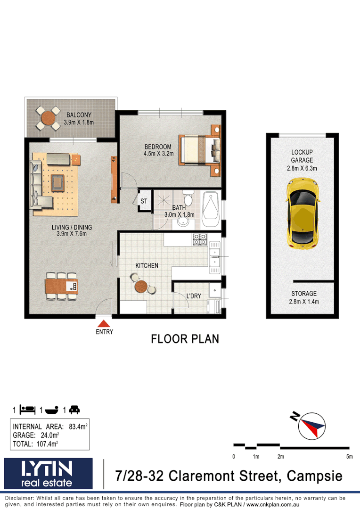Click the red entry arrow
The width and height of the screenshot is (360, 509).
click(104, 323)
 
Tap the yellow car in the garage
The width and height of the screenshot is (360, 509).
click(303, 213)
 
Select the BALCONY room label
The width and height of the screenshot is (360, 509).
click(79, 115)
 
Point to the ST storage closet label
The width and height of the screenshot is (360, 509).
click(144, 201)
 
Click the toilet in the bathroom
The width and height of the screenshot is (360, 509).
click(188, 198)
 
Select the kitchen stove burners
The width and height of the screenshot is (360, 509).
click(200, 239)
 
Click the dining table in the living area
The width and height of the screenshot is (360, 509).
click(61, 286)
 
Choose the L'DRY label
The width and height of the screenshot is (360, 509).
click(194, 296)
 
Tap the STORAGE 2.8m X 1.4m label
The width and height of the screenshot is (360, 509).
click(304, 297)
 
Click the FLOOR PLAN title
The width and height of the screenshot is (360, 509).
click(185, 339)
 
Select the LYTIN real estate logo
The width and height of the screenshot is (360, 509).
click(48, 473)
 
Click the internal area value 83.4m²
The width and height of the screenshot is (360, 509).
click(78, 427)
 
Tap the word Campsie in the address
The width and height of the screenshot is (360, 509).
click(315, 476)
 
